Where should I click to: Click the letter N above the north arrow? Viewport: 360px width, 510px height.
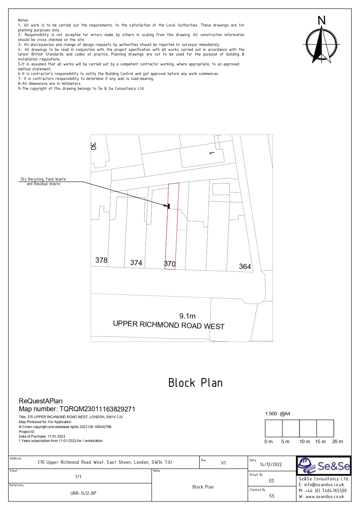tap(321, 21)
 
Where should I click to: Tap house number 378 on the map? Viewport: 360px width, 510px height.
tap(101, 260)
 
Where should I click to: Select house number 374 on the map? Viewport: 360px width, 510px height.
tap(136, 263)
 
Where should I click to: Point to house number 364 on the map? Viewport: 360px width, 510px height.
tap(245, 266)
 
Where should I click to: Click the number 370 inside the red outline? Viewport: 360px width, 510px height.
tap(170, 264)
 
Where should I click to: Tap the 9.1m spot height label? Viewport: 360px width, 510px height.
tap(187, 316)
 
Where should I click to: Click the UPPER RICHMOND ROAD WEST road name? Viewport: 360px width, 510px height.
tap(169, 325)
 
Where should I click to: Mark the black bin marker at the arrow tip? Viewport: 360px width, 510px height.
tap(169, 206)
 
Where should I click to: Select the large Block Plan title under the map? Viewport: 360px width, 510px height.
tap(195, 383)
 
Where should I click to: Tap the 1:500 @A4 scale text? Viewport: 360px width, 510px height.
tap(278, 414)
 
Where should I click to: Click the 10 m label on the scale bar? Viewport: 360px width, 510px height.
tap(305, 441)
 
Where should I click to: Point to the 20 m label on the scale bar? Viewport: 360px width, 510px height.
tap(337, 441)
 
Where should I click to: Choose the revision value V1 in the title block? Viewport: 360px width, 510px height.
tap(223, 463)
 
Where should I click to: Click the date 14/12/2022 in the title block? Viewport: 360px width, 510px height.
tap(271, 464)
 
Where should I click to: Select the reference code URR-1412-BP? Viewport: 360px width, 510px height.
tap(83, 493)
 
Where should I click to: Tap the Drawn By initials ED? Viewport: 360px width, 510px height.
tap(271, 481)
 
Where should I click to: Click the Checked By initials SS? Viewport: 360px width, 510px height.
tap(271, 496)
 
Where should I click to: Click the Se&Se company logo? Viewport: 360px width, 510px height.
tap(324, 466)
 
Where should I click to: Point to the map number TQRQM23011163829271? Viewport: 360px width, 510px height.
tap(97, 409)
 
